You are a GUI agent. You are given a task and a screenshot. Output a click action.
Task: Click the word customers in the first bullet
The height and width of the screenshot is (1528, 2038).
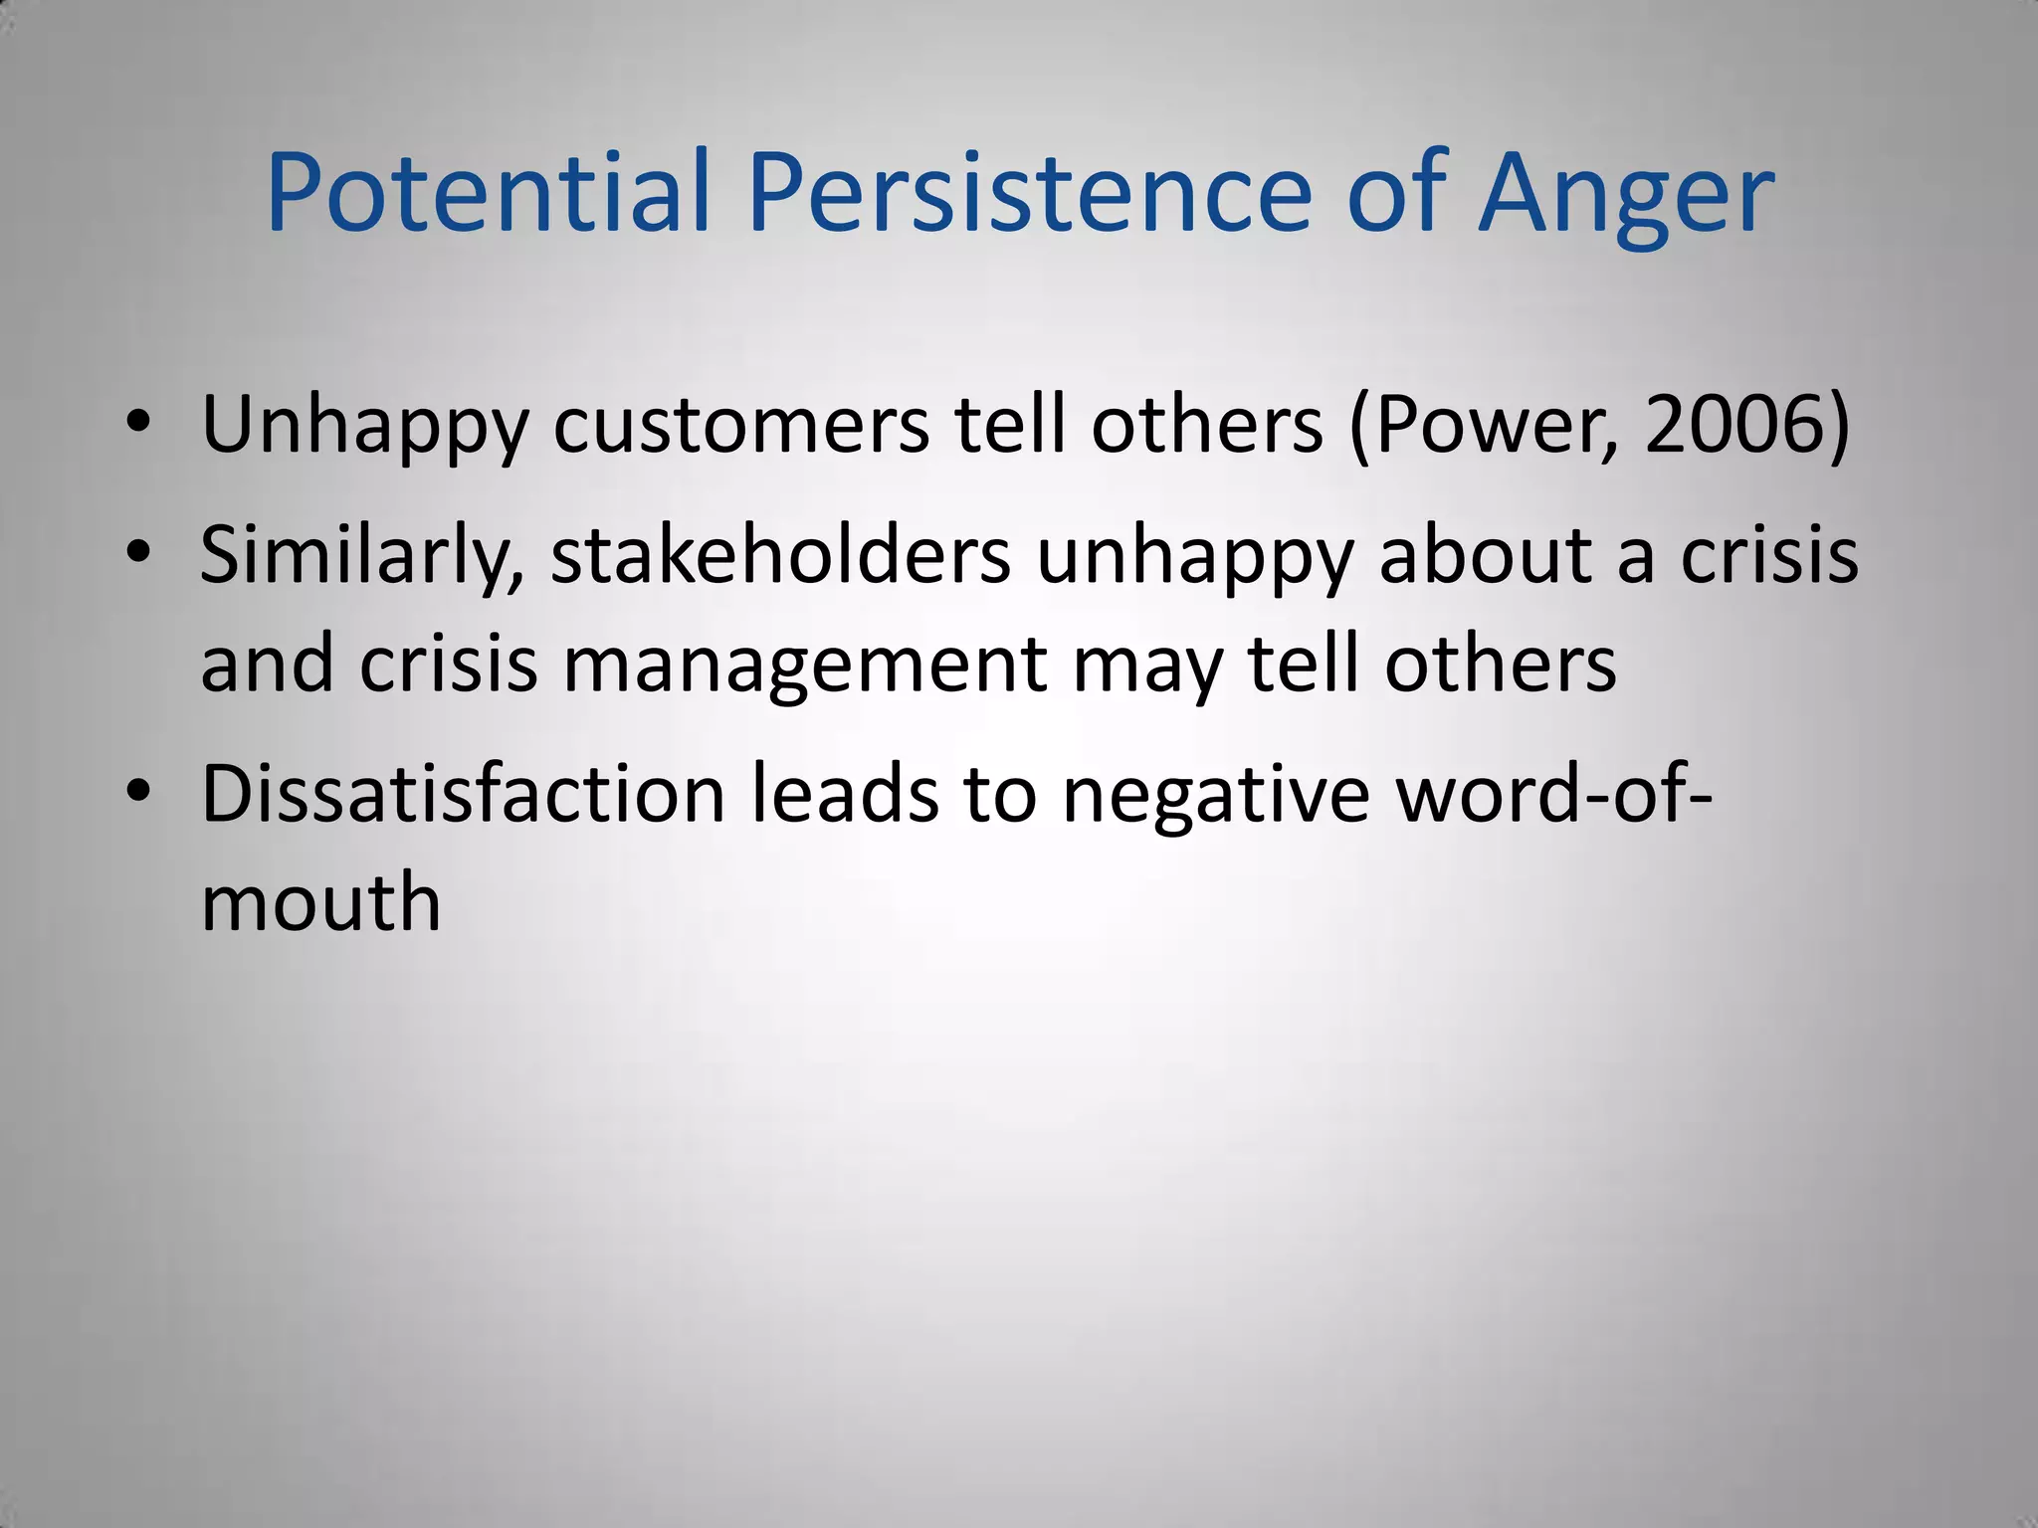[741, 426]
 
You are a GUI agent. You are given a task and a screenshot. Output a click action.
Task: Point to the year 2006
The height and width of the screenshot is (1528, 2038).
[1736, 426]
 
